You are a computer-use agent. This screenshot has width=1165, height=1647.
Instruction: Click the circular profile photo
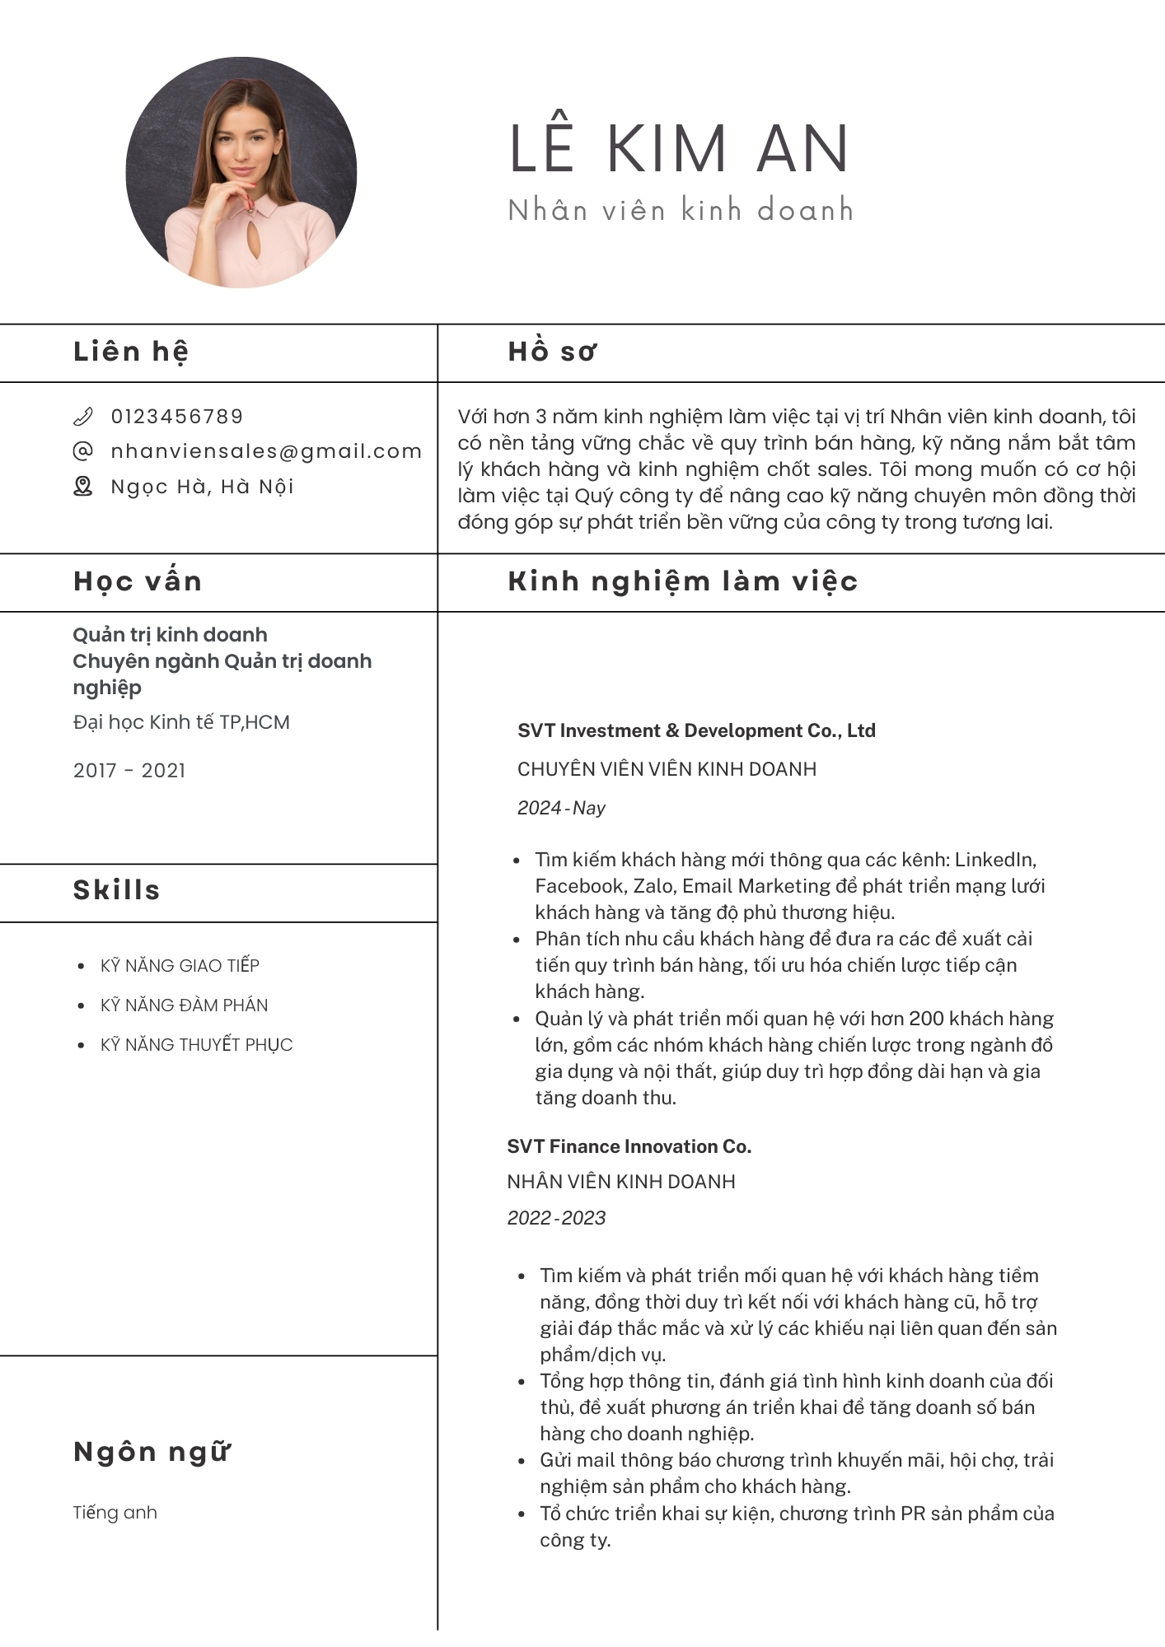point(241,172)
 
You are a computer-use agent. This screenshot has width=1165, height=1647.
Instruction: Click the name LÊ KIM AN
point(679,149)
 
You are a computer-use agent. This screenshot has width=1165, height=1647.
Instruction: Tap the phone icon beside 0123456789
point(82,417)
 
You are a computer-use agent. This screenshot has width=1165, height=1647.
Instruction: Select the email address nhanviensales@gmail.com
point(266,451)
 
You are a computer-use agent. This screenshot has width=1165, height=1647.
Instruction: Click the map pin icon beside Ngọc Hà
point(82,487)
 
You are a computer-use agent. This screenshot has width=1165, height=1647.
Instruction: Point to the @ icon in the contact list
point(82,451)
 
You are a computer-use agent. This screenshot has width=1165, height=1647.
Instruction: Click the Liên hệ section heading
point(131,352)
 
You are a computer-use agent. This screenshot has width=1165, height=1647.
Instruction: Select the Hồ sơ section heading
point(552,352)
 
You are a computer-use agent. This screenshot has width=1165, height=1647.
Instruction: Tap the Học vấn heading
point(138,581)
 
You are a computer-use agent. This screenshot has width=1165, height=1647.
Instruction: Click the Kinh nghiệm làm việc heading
point(683,581)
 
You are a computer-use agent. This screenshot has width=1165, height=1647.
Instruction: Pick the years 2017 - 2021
point(129,771)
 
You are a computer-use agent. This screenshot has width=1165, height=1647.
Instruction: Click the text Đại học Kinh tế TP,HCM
point(181,722)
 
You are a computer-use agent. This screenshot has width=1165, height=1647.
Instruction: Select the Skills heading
point(117,890)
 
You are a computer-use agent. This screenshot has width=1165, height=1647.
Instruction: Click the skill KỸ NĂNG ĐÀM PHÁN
point(184,1005)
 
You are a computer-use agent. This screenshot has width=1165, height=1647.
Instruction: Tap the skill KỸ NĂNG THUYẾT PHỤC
point(196,1045)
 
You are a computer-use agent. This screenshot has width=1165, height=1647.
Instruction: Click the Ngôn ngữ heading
point(152,1452)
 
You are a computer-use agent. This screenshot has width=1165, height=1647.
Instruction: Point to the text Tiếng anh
point(115,1513)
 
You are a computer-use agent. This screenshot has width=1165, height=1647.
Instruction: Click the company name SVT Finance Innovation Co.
point(629,1146)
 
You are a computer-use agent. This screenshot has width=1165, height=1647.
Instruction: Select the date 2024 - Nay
point(561,808)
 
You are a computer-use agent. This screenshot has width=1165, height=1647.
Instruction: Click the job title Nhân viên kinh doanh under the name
point(681,210)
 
